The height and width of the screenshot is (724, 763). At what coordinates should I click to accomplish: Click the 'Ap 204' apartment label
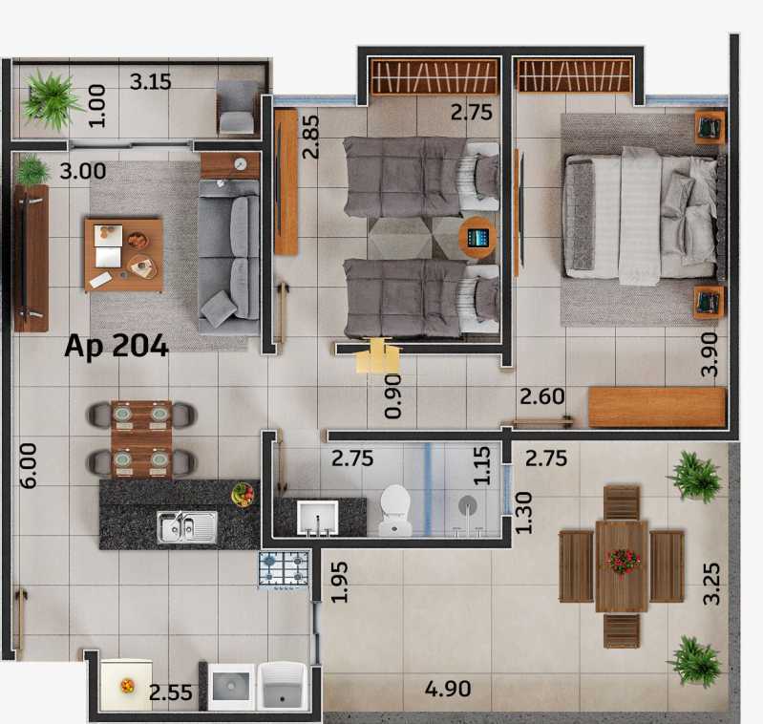click(117, 346)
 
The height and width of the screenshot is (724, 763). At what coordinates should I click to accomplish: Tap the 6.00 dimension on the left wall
click(29, 465)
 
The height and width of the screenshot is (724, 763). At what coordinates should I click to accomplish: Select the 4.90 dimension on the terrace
click(448, 689)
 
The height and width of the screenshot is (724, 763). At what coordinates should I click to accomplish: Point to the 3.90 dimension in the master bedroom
click(710, 354)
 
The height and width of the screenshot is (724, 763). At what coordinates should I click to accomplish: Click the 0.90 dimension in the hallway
click(393, 396)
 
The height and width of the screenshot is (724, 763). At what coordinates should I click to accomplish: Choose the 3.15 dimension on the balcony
click(150, 82)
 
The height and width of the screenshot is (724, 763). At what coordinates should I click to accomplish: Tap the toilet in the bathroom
click(395, 510)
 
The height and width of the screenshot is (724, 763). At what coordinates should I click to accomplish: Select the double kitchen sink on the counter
click(187, 527)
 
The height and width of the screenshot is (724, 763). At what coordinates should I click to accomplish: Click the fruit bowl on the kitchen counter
click(243, 495)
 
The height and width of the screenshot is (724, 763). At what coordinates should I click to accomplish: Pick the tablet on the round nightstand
click(477, 238)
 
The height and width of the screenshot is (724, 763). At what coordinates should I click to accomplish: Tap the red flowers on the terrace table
click(623, 561)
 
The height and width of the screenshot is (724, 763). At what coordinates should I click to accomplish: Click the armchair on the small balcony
click(237, 108)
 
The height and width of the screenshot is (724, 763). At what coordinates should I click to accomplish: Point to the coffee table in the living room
click(123, 255)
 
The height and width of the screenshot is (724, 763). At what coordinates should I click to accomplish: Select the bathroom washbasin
click(318, 518)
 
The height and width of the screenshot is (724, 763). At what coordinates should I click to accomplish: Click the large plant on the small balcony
click(51, 99)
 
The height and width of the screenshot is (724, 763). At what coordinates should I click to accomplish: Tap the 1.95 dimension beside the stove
click(340, 583)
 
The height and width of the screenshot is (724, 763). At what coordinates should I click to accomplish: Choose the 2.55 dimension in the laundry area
click(170, 692)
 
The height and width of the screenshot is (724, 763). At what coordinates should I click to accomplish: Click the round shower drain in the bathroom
click(468, 505)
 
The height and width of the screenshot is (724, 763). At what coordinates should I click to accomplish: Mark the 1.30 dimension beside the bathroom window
click(523, 513)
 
